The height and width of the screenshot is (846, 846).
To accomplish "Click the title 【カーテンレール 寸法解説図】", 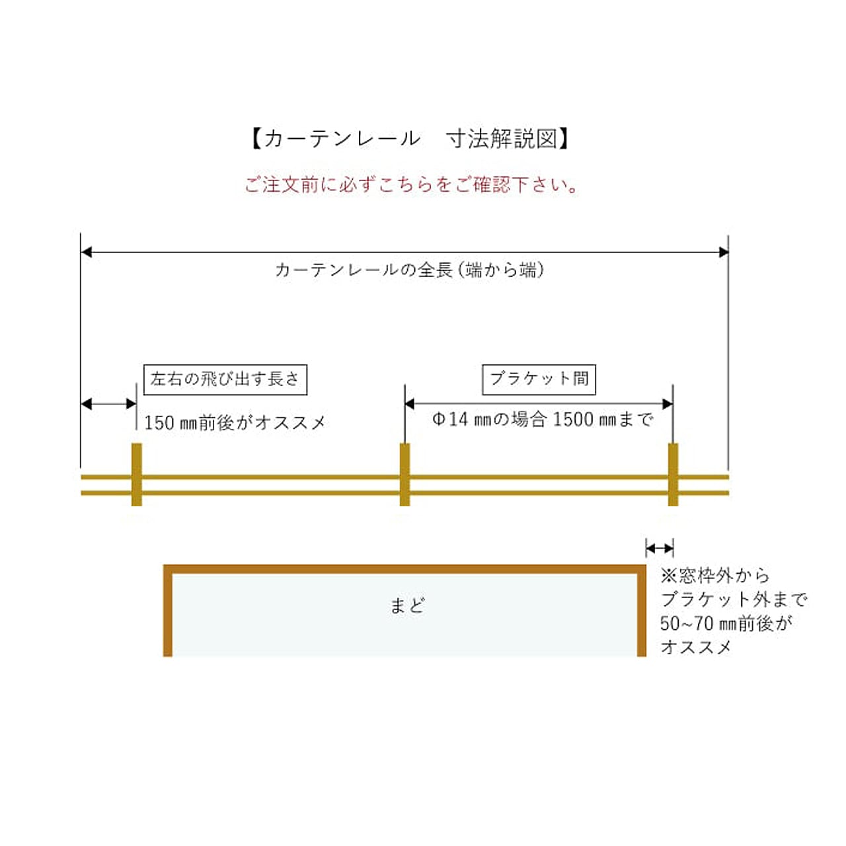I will click(x=410, y=139).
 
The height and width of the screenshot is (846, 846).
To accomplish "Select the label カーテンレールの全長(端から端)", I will click(x=410, y=270).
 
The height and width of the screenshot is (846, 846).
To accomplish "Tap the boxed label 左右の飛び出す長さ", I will click(x=225, y=379).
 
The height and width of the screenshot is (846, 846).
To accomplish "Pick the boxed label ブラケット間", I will click(x=539, y=379).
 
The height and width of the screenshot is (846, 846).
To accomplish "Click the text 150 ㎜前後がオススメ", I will click(x=235, y=422).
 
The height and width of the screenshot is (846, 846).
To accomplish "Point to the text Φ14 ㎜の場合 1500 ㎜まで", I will click(x=543, y=420).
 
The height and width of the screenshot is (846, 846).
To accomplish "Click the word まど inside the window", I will click(x=406, y=605).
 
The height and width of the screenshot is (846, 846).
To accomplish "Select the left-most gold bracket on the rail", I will click(x=137, y=475).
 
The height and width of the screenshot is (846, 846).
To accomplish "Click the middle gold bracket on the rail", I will click(x=405, y=475).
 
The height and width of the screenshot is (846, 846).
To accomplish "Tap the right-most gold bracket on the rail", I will click(x=673, y=475).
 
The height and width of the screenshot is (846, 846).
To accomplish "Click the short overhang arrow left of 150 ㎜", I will click(x=108, y=404).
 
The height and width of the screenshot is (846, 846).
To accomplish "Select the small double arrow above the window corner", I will click(x=659, y=548).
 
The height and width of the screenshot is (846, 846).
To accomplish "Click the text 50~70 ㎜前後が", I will click(x=726, y=623).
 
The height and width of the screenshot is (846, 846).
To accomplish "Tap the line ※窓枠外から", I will click(x=715, y=576).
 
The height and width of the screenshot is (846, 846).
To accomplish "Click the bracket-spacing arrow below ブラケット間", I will click(x=539, y=403).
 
